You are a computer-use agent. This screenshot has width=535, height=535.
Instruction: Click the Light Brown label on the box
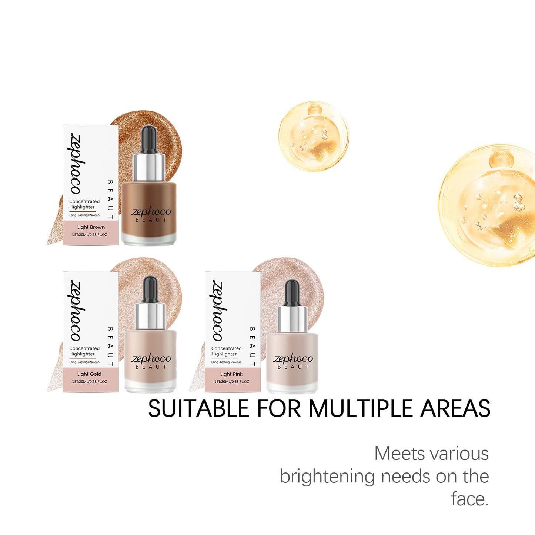pos(91,227)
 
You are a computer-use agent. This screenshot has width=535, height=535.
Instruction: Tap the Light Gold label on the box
pos(89,374)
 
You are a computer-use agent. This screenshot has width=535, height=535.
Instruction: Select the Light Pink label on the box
pos(231,374)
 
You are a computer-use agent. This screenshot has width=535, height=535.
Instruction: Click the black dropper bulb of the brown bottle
pos(149,138)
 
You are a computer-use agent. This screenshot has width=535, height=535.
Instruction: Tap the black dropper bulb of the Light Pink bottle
pos(292,292)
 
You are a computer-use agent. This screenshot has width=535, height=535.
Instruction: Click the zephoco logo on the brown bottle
pos(151,212)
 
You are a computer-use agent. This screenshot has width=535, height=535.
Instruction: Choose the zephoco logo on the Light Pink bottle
pos(293,359)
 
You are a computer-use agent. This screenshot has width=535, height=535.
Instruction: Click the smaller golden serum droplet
pos(314,137)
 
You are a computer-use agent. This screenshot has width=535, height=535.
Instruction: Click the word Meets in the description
pos(400,454)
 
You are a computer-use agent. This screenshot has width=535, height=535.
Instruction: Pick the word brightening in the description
pos(327,477)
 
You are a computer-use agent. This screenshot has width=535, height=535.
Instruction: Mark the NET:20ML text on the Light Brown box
pos(89,235)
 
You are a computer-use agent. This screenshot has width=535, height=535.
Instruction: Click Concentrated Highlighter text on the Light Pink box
pos(226,351)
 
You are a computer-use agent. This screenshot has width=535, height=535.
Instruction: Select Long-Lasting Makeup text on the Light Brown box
pos(84,215)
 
